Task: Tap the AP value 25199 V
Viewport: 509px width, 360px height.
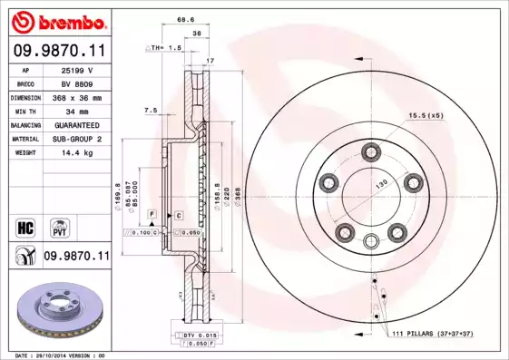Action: tap(76, 69)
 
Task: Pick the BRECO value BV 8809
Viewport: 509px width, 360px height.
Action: tap(76, 83)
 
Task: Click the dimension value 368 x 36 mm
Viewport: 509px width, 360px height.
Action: tap(76, 96)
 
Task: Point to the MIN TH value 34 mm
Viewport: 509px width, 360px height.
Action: tap(76, 111)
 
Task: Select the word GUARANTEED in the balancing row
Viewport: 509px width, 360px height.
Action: tap(76, 124)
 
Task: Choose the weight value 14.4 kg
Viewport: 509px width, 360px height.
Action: tap(76, 152)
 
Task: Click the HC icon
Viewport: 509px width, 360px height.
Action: tap(25, 226)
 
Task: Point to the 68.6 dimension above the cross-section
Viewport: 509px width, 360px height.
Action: tap(186, 19)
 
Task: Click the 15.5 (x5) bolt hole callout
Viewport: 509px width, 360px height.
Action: tap(425, 115)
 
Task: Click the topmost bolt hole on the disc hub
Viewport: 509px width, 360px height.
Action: tap(370, 150)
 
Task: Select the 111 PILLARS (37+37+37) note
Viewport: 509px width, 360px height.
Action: tap(434, 335)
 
